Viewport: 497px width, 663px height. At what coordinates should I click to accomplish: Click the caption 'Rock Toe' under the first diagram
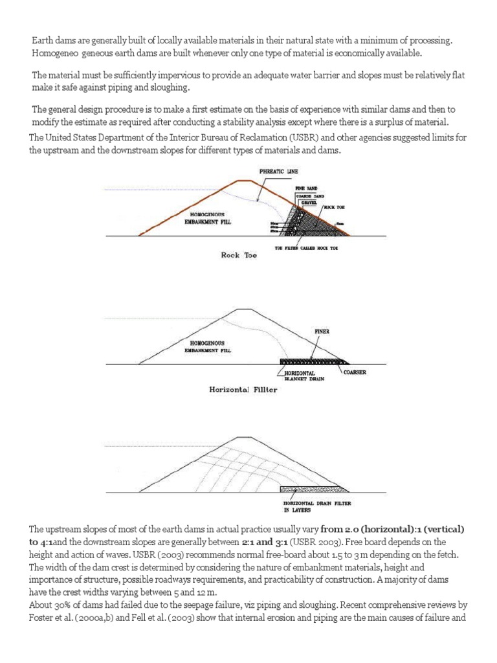pyautogui.click(x=239, y=255)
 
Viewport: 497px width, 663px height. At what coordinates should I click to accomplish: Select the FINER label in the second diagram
pyautogui.click(x=322, y=331)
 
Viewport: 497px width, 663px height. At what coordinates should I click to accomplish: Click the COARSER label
pyautogui.click(x=357, y=372)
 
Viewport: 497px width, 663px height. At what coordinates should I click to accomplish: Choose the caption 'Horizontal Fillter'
pyautogui.click(x=243, y=390)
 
